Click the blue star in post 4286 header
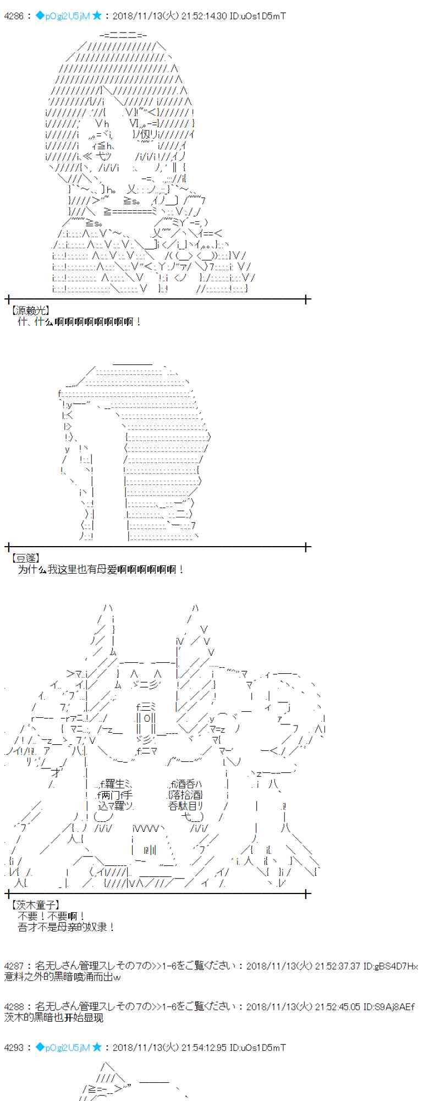[x=97, y=16]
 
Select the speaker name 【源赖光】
[x=30, y=310]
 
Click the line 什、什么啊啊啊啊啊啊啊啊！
[x=80, y=321]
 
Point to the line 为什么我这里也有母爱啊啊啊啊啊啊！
[x=101, y=570]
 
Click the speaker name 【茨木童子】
[x=35, y=905]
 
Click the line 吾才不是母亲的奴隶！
[x=67, y=927]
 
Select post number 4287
[x=14, y=966]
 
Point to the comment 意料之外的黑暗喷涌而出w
[x=62, y=977]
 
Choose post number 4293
[x=14, y=1048]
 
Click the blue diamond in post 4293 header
[x=40, y=1047]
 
